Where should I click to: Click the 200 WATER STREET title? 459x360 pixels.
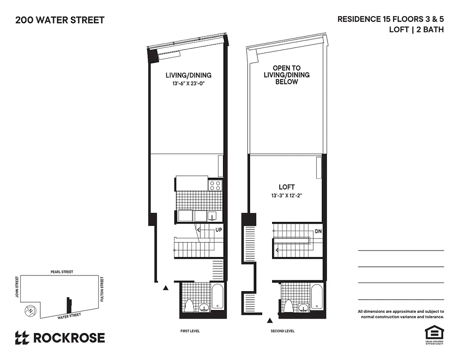click(x=60, y=20)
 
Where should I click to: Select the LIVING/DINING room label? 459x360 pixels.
click(x=188, y=75)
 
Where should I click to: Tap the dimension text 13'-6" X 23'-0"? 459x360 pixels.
click(x=188, y=83)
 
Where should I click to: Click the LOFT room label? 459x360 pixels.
click(x=286, y=187)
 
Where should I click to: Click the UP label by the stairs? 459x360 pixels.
click(x=218, y=229)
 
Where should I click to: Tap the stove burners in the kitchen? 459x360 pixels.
click(x=215, y=184)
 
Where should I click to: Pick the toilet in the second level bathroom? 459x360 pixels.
click(x=288, y=306)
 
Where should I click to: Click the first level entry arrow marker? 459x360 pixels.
click(x=166, y=288)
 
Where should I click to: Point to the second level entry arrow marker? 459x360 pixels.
click(x=270, y=320)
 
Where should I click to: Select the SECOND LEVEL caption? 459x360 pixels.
click(x=282, y=331)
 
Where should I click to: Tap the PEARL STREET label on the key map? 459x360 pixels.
click(x=62, y=272)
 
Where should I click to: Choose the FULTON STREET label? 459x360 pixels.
click(x=102, y=289)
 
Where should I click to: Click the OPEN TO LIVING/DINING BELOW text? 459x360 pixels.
click(x=286, y=75)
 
